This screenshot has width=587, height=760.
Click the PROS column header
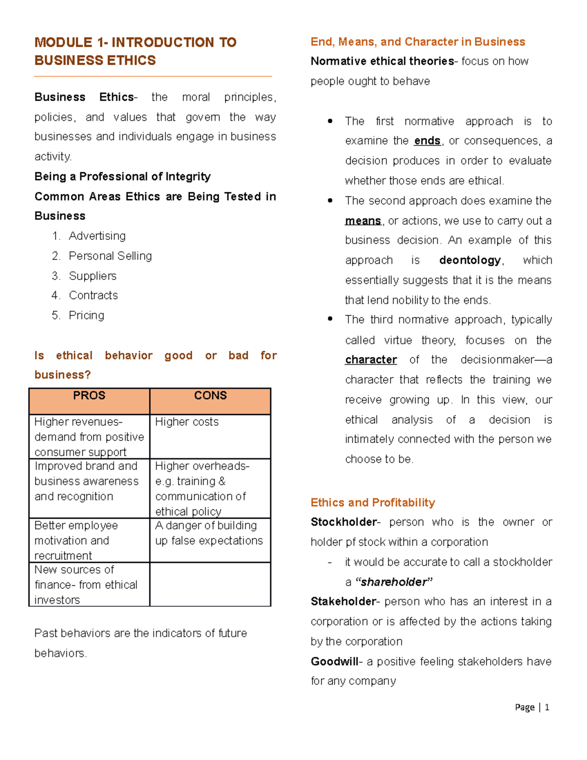point(89,396)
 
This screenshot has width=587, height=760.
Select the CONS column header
point(210,396)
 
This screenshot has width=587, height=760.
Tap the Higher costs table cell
point(187,422)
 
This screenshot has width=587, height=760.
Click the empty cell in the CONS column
point(210,584)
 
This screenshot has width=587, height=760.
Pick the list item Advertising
point(97,236)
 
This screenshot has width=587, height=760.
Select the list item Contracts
point(93,296)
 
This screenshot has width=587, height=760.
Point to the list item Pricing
point(87,316)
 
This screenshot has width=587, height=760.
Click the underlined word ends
point(427,141)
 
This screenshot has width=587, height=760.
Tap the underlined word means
point(363,221)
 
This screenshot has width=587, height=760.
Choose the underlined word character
point(371,360)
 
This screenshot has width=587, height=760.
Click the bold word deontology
point(470,260)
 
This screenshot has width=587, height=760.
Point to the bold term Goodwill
point(335,662)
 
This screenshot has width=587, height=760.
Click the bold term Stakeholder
point(343,602)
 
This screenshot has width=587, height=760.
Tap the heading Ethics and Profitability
point(373,503)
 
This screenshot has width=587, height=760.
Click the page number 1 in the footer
point(547,707)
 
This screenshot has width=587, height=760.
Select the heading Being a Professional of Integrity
point(123,177)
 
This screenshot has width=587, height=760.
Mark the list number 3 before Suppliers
point(55,276)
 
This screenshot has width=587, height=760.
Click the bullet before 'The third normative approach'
point(330,319)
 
